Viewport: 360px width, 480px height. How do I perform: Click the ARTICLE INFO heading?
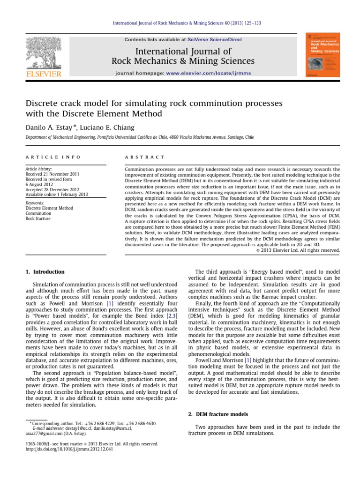[x=53, y=157]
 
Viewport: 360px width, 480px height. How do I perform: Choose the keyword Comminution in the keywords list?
[x=39, y=213]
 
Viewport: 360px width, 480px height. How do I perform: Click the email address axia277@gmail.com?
[x=45, y=434]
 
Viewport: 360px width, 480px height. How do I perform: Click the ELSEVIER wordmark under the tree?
[x=44, y=74]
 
